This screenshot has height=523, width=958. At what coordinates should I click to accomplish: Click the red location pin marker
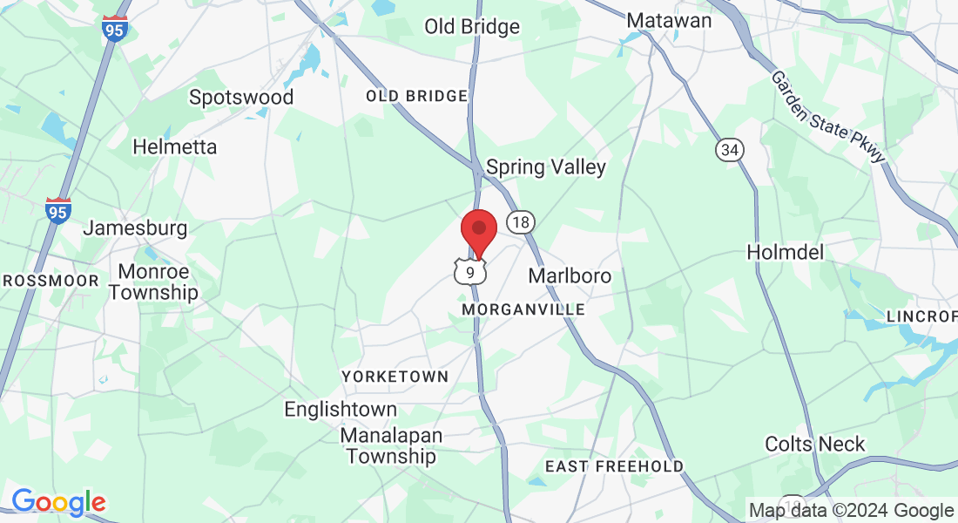pyautogui.click(x=478, y=231)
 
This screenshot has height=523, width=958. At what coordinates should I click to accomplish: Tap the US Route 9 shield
pyautogui.click(x=470, y=273)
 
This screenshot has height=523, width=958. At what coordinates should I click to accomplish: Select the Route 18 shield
pyautogui.click(x=520, y=222)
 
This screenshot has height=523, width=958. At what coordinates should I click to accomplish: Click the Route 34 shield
pyautogui.click(x=730, y=150)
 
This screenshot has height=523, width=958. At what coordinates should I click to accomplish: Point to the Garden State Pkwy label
pyautogui.click(x=827, y=116)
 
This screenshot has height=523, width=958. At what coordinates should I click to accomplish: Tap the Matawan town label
pyautogui.click(x=669, y=20)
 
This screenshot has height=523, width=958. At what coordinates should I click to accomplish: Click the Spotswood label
pyautogui.click(x=241, y=97)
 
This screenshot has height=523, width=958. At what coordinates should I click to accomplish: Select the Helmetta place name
pyautogui.click(x=174, y=147)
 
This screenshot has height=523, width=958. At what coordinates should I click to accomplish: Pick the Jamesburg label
pyautogui.click(x=135, y=228)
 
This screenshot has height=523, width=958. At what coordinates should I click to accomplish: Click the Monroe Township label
pyautogui.click(x=153, y=282)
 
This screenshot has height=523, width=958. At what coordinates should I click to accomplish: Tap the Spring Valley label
pyautogui.click(x=546, y=166)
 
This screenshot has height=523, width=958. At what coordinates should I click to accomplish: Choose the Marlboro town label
pyautogui.click(x=570, y=275)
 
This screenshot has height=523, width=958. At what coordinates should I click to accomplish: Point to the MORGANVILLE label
pyautogui.click(x=523, y=309)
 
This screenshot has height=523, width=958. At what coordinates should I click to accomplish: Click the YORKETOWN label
pyautogui.click(x=395, y=377)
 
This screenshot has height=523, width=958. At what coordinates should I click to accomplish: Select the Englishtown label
pyautogui.click(x=341, y=409)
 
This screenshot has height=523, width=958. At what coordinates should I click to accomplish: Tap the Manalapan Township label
pyautogui.click(x=391, y=445)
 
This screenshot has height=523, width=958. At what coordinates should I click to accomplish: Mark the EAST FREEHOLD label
pyautogui.click(x=614, y=466)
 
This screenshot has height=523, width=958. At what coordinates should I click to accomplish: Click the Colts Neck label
pyautogui.click(x=815, y=444)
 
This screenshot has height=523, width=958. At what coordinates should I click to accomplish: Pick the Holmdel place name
pyautogui.click(x=786, y=252)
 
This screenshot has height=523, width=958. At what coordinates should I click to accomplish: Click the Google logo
pyautogui.click(x=58, y=502)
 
